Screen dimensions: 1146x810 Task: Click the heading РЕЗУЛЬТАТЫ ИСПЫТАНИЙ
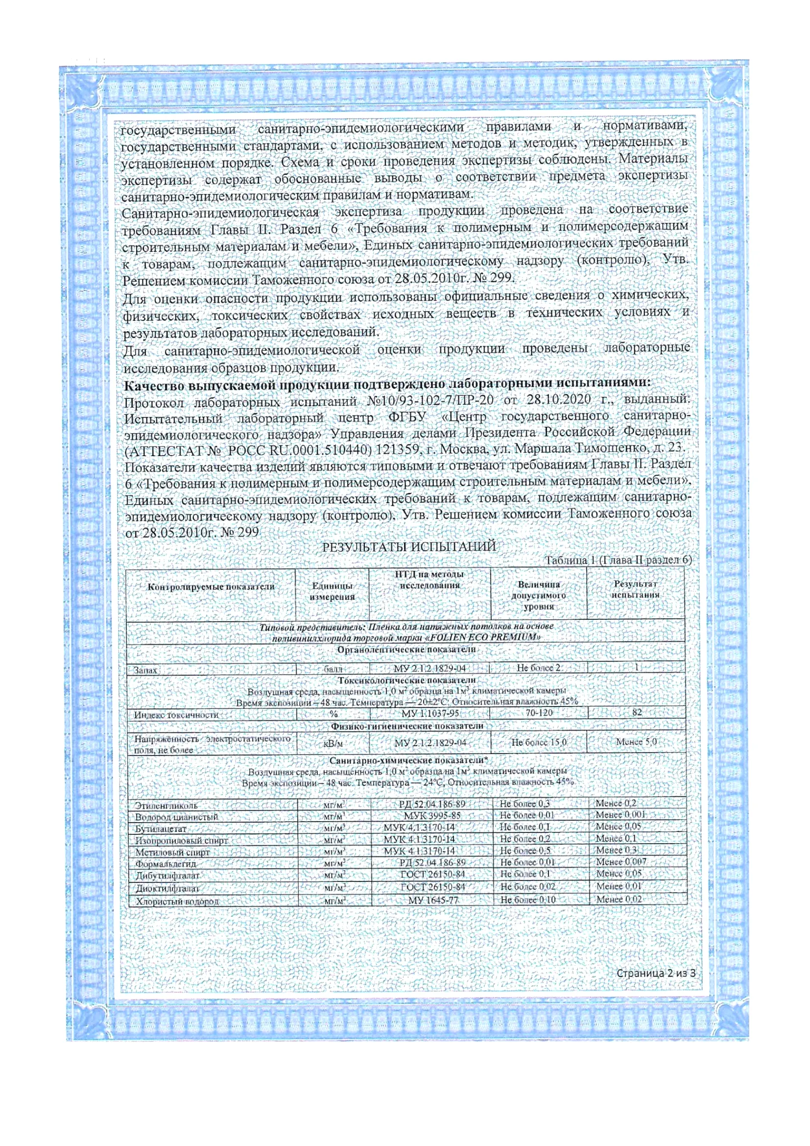[408, 547]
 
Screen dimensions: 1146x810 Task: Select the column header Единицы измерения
[332, 591]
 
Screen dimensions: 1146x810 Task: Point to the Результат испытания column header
[636, 589]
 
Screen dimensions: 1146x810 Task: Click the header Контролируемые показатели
[211, 587]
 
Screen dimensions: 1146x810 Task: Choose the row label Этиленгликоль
[167, 805]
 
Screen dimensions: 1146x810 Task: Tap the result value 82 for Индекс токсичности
[637, 713]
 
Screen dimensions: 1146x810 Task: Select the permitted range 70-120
[539, 713]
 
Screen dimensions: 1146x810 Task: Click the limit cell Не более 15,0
[539, 743]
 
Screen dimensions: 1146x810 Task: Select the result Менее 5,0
[637, 742]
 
